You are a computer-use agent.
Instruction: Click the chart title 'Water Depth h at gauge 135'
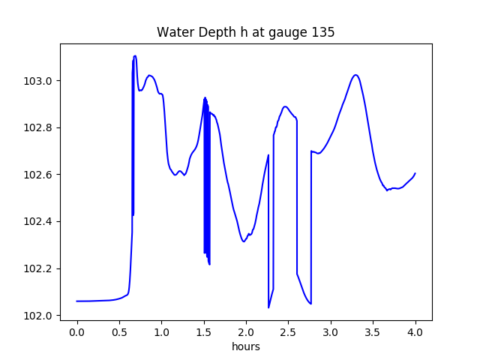245,32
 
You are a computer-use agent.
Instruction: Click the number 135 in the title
324,32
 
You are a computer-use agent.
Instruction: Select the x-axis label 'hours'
246,346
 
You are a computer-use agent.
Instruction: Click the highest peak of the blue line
135,56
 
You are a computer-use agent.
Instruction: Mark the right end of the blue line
415,173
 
